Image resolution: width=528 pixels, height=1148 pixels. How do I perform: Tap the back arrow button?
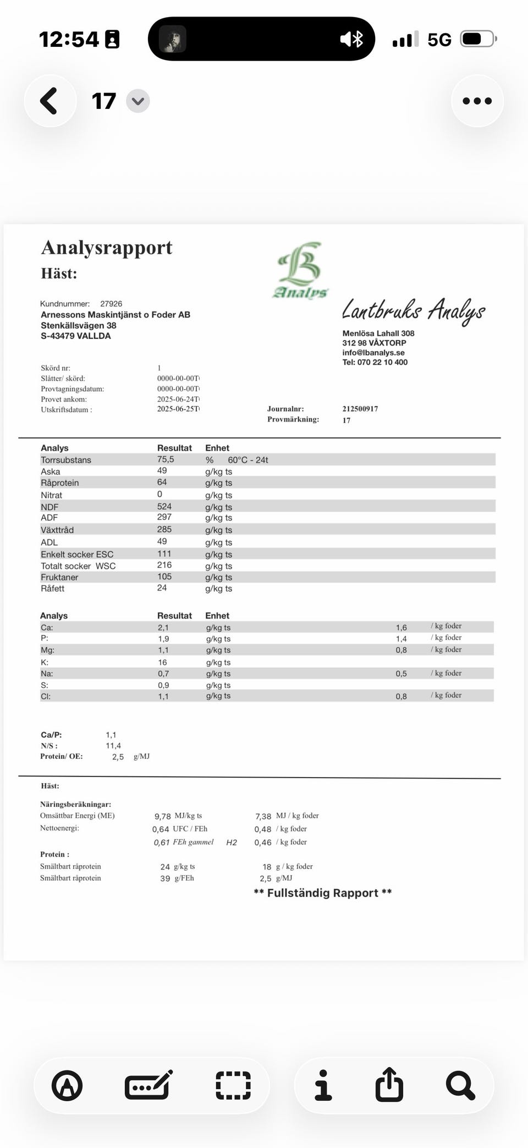[50, 101]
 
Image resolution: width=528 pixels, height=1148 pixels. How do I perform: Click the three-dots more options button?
[477, 101]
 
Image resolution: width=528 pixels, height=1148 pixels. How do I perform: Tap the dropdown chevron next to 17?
[137, 101]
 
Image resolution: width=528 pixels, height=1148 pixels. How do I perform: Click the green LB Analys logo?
[300, 270]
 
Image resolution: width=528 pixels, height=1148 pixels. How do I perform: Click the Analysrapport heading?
[107, 248]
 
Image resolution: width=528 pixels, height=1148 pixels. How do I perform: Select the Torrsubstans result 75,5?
[165, 460]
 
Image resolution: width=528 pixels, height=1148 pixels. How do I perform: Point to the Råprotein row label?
[59, 483]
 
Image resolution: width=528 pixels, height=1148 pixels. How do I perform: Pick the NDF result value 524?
[164, 506]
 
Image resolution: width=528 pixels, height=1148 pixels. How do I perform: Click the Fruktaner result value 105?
[164, 577]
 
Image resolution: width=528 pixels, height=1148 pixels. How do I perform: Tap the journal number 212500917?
[360, 409]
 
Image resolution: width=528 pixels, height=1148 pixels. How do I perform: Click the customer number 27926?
[111, 304]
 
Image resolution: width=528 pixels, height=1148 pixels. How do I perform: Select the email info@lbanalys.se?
[373, 353]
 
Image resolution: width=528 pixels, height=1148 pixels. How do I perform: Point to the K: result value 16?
[162, 663]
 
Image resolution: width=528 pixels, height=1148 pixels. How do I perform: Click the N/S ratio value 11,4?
[113, 746]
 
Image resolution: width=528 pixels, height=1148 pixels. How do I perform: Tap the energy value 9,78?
[162, 816]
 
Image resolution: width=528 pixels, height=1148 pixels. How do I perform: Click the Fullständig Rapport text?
[323, 893]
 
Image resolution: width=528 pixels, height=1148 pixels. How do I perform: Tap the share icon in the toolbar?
[389, 1085]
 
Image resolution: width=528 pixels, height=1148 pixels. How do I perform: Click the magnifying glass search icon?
[460, 1085]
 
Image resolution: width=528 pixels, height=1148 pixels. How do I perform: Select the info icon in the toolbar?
[323, 1085]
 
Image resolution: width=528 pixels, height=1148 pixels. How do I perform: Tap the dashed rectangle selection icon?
[233, 1085]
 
